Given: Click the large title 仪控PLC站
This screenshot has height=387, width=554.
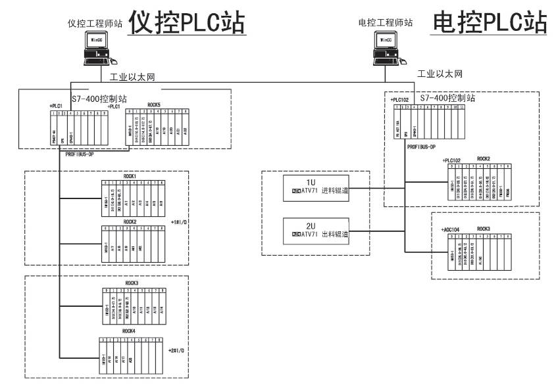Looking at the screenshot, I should coord(187,22).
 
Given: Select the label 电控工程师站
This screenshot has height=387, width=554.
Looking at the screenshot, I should coord(385,22).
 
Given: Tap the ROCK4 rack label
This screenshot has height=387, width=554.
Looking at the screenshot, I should coord(130,331).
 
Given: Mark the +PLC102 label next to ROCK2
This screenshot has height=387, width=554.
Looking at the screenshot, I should coord(454,160).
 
